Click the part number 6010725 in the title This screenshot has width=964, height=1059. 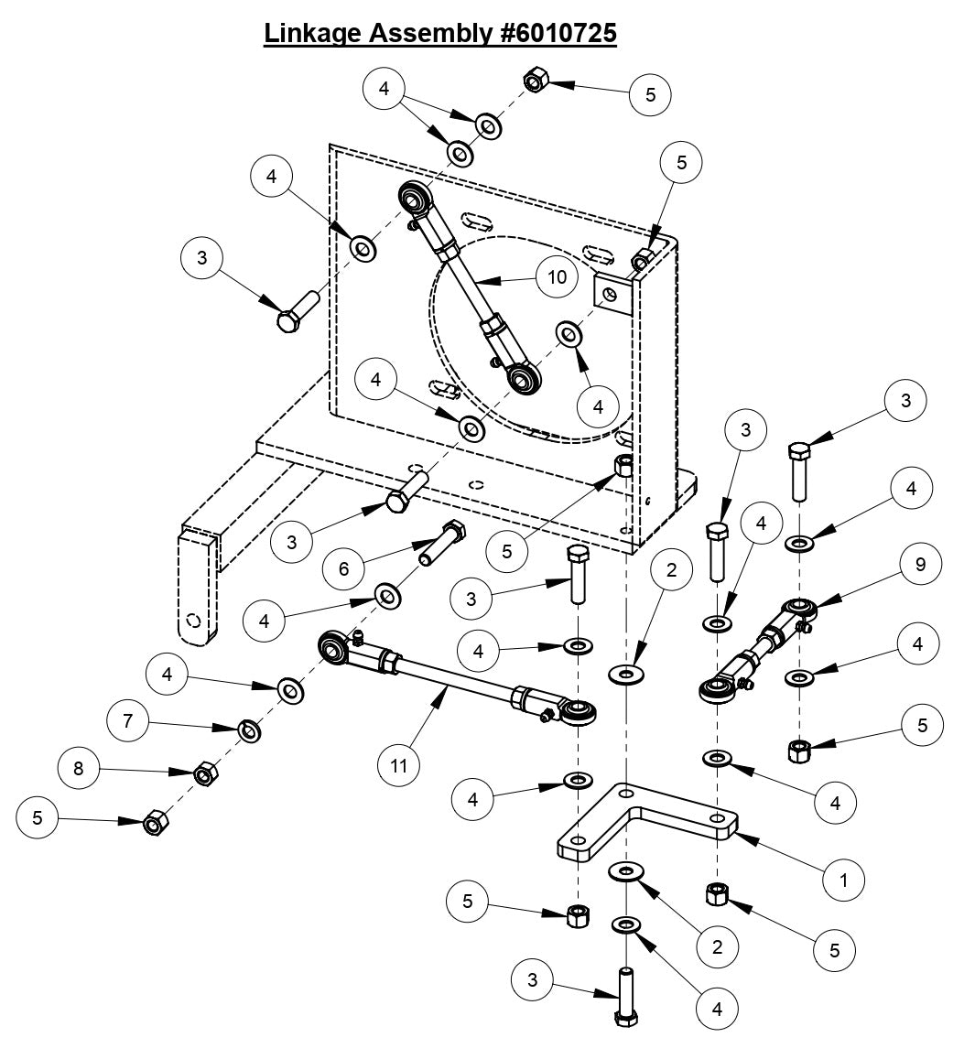click(555, 33)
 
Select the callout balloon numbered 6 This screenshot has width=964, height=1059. click(344, 567)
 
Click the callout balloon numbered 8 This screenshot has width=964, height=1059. click(79, 768)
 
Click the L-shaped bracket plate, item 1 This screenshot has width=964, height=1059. click(641, 824)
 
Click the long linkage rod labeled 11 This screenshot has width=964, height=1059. click(453, 685)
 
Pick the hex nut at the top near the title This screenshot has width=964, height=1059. click(535, 82)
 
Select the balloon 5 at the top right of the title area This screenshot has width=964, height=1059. click(650, 94)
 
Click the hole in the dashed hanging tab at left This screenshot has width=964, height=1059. click(192, 620)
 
